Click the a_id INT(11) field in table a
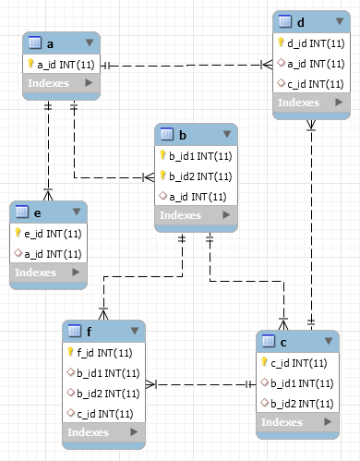pyautogui.click(x=66, y=65)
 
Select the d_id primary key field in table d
pyautogui.click(x=316, y=43)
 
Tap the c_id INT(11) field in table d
pyautogui.click(x=316, y=84)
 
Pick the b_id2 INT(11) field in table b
pyautogui.click(x=200, y=176)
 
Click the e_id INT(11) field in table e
pyautogui.click(x=53, y=234)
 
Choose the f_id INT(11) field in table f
pyautogui.click(x=104, y=353)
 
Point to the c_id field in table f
pyautogui.click(x=105, y=414)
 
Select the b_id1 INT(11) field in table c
pyautogui.click(x=302, y=383)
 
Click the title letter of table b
pyautogui.click(x=183, y=135)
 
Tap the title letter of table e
pyautogui.click(x=37, y=213)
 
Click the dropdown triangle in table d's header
pyautogui.click(x=340, y=21)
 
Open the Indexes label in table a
pyautogui.click(x=48, y=83)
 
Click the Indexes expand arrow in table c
pyautogui.click(x=328, y=421)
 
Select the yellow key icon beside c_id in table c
pyautogui.click(x=264, y=361)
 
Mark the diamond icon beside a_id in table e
pyautogui.click(x=18, y=253)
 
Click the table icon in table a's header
pyautogui.click(x=35, y=42)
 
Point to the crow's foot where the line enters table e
pyautogui.click(x=48, y=195)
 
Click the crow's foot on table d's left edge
pyautogui.click(x=267, y=65)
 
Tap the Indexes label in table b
pyautogui.click(x=180, y=215)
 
